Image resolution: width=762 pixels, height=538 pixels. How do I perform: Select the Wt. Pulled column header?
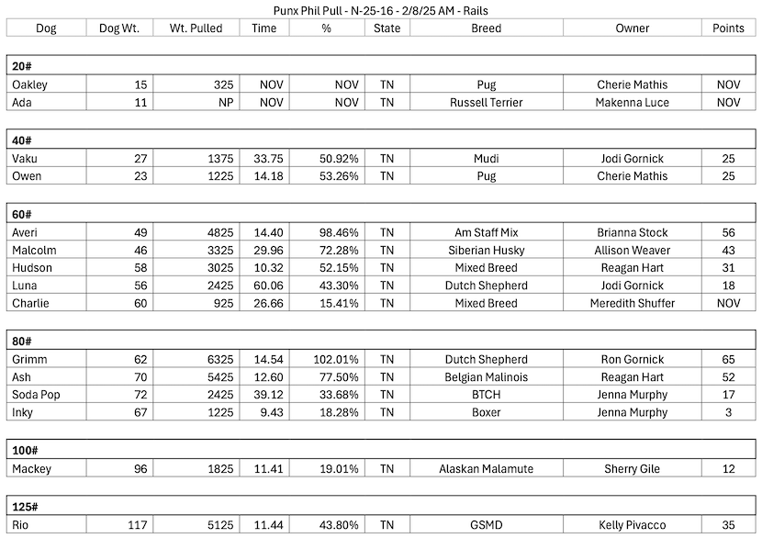coord(196,28)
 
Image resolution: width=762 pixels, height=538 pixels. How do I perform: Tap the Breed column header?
coord(486,28)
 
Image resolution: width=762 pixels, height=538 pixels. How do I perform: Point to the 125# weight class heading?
coord(27,507)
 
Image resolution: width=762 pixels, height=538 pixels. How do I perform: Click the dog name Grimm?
coord(29,360)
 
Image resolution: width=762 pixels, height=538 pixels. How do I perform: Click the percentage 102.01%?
coord(335,360)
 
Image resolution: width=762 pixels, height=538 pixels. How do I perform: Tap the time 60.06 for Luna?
coord(267,286)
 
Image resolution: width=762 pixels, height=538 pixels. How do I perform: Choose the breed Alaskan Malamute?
coord(486,469)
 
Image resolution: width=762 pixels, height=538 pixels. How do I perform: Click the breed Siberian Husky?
coord(486,251)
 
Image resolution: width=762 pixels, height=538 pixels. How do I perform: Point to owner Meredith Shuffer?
coord(632,303)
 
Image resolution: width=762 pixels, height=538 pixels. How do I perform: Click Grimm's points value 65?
coord(728,360)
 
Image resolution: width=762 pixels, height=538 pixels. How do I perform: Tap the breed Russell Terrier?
coord(486,103)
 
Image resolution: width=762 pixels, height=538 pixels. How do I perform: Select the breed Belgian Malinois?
coord(486,377)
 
